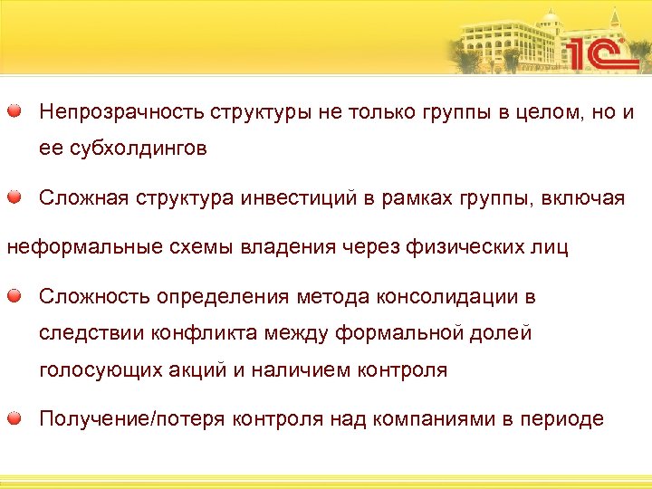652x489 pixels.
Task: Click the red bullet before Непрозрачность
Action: tap(15, 112)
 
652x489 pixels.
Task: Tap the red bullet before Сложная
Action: tap(15, 197)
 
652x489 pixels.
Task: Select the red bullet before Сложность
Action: tap(15, 296)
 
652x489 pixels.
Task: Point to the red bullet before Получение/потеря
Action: tap(15, 418)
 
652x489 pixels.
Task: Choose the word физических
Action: tap(468, 247)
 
